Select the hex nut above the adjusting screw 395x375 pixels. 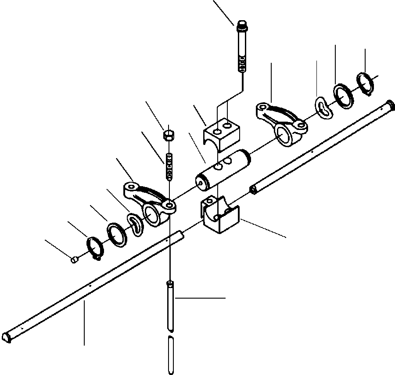coord(169,134)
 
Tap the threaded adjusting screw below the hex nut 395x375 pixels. coord(169,166)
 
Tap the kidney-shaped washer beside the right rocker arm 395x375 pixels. coord(324,108)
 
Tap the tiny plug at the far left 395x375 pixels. coord(75,260)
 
